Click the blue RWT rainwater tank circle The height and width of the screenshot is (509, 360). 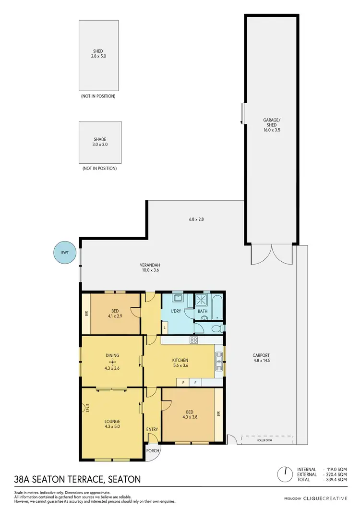tap(64, 252)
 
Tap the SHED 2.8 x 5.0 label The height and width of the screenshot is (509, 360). tap(98, 54)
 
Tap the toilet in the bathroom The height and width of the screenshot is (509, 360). tap(216, 329)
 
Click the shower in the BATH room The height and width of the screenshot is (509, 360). tap(201, 300)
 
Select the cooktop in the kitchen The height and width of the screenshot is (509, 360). tap(194, 340)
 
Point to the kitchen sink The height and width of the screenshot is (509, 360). tap(219, 360)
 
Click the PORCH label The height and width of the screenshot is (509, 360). tap(153, 450)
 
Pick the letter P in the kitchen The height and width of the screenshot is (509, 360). tap(183, 383)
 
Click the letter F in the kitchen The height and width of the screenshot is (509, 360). tap(195, 383)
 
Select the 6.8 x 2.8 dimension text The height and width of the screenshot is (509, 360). tap(196, 219)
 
